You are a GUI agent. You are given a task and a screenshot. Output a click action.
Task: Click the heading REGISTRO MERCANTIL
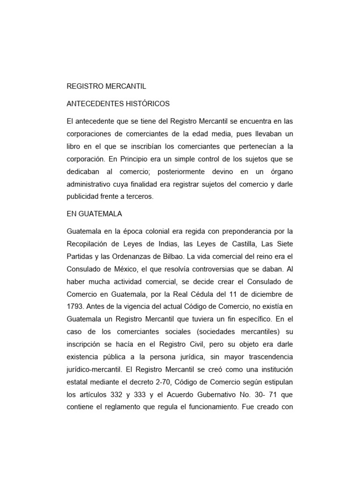107,86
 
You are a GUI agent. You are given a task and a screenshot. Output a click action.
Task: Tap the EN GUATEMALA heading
95,214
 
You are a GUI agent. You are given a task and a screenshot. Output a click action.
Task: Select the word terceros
139,197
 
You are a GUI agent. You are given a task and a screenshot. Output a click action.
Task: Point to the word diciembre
267,294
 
